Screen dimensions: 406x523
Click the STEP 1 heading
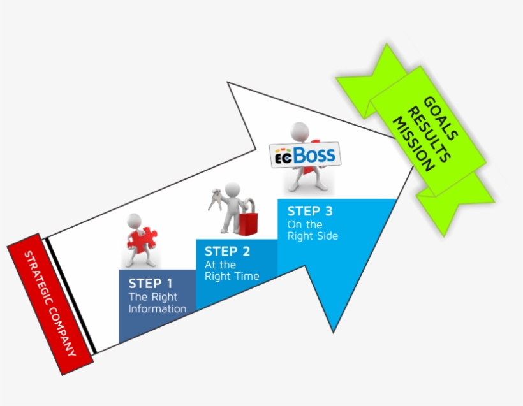[x=151, y=284]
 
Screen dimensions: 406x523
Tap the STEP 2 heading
[x=227, y=251]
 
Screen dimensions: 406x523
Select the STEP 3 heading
[x=310, y=211]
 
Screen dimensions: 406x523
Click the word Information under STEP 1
[x=158, y=309]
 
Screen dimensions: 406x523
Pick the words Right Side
[x=313, y=236]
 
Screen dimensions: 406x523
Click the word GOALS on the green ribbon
[x=439, y=117]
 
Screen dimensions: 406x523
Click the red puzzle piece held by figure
[x=138, y=241]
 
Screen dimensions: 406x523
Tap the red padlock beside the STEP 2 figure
[x=247, y=219]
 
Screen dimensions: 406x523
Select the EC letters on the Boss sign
[x=283, y=157]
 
